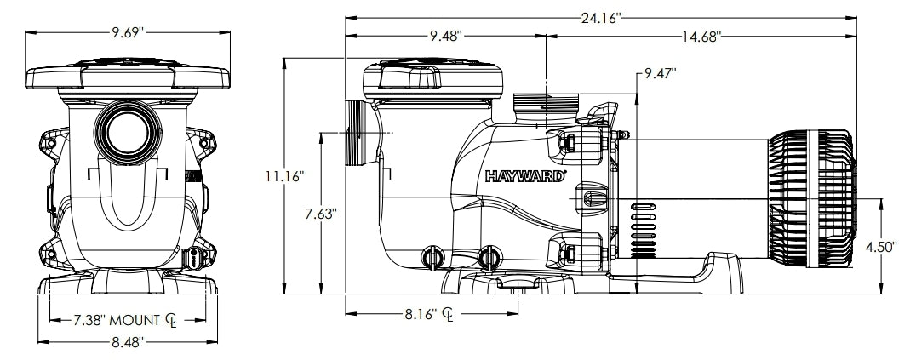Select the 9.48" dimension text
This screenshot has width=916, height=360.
click(x=445, y=36)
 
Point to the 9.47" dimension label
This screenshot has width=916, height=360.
click(x=660, y=74)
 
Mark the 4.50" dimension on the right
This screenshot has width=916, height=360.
click(x=881, y=248)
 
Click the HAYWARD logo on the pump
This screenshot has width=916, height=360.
click(x=525, y=178)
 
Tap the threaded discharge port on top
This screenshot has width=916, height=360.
click(x=546, y=108)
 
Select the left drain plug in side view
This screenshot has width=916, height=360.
click(x=431, y=254)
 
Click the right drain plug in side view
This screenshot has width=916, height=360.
click(x=489, y=254)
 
